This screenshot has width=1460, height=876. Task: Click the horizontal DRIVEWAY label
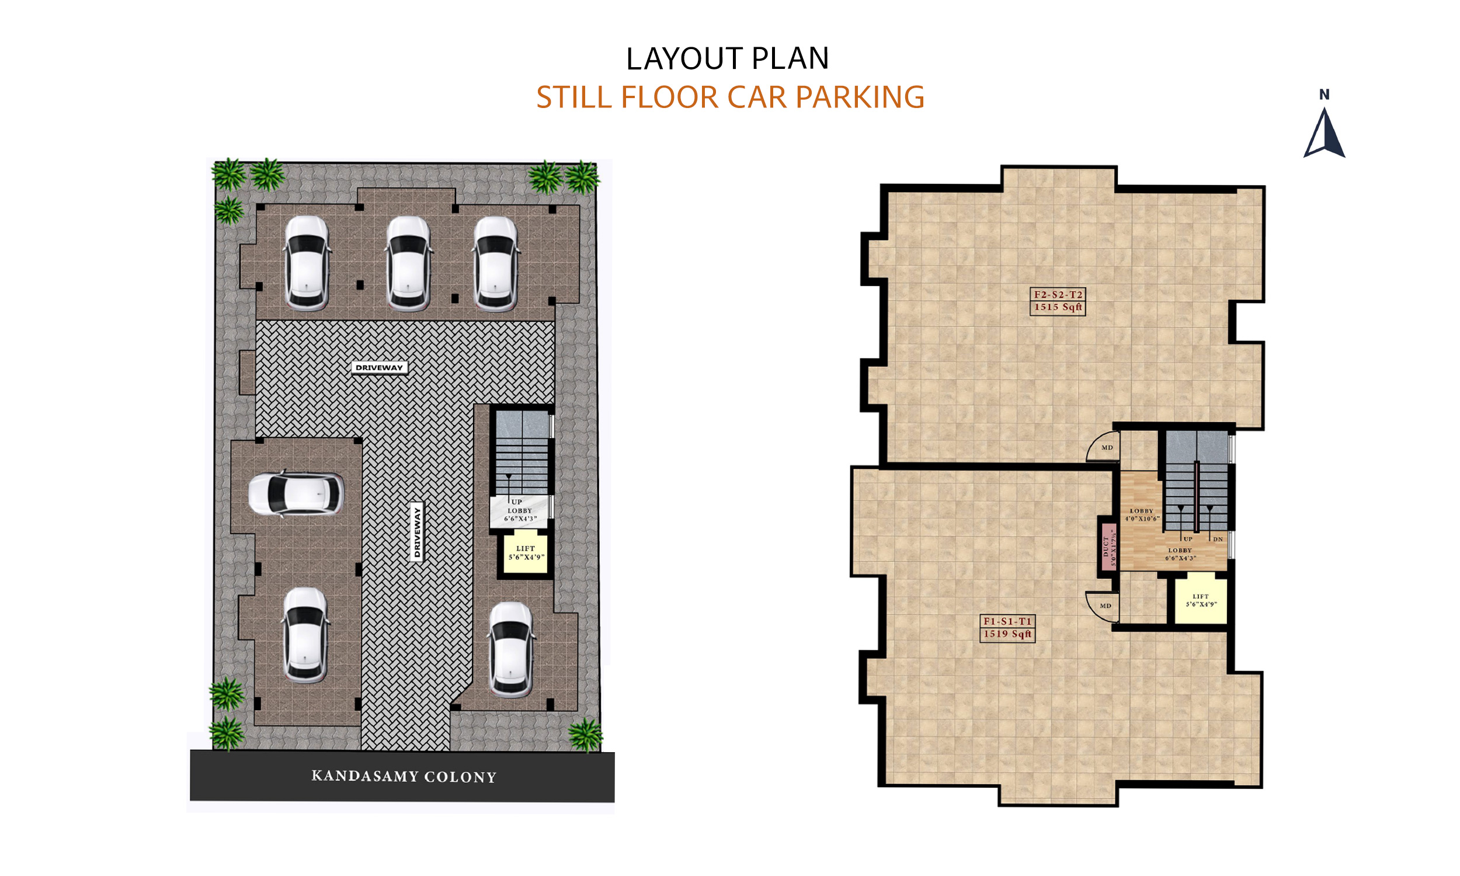(x=379, y=367)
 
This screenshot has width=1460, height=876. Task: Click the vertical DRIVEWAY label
(x=416, y=532)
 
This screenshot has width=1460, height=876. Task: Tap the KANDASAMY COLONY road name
(x=404, y=776)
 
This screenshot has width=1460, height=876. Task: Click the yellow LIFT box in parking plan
(x=525, y=553)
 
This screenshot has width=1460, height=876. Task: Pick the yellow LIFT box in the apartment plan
(x=1200, y=601)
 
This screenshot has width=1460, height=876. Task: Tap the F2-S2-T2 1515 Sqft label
(x=1058, y=301)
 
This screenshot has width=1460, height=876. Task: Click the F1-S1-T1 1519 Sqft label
(x=1007, y=627)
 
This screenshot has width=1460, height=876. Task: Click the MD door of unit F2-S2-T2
(x=1104, y=447)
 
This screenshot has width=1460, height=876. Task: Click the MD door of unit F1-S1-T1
(x=1103, y=606)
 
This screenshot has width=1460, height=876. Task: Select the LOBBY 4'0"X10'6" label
(x=1141, y=515)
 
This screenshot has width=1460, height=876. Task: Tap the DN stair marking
(x=1218, y=539)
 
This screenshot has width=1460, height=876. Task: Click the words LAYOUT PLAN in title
(x=727, y=59)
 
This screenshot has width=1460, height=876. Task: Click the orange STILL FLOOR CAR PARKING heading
(x=729, y=98)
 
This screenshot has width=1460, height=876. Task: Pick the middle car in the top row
(x=408, y=263)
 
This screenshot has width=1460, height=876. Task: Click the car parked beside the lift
(x=510, y=650)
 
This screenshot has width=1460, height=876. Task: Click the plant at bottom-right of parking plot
(x=585, y=734)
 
